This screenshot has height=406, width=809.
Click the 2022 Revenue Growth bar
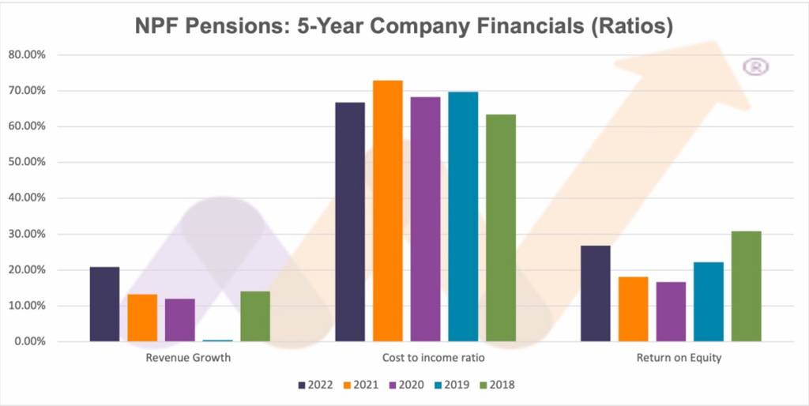pos(104,304)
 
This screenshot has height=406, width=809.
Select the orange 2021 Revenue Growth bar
pos(142,318)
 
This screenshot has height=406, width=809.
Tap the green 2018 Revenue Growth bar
pos(255,316)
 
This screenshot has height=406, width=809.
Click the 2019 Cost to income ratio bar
pos(463,216)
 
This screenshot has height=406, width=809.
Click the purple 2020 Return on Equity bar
pos(671,311)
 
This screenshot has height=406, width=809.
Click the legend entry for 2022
pos(316,385)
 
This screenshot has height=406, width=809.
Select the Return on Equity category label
pos(671,358)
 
